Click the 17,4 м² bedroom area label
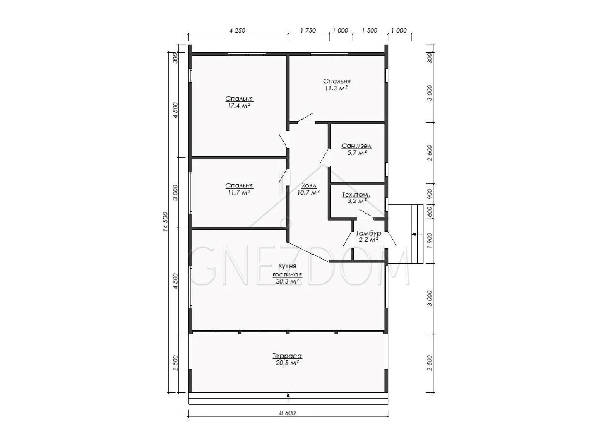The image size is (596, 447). (239, 106)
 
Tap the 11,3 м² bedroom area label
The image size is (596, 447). (336, 88)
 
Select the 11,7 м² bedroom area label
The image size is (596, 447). (239, 192)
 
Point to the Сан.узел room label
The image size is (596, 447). (356, 146)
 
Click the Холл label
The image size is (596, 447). (309, 186)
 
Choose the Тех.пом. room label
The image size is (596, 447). (356, 195)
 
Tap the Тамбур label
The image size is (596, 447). (368, 233)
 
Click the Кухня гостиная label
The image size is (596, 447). (287, 270)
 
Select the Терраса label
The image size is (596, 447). (287, 356)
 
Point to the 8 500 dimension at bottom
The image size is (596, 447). (287, 413)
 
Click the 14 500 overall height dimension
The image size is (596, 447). (166, 221)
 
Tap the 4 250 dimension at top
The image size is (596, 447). (237, 30)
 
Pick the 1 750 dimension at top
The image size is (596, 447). (308, 30)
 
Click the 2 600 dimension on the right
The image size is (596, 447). (430, 153)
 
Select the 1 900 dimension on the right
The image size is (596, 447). (430, 240)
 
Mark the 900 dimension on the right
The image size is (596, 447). (430, 194)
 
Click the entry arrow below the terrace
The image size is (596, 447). (288, 395)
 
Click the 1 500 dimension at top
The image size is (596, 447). (370, 30)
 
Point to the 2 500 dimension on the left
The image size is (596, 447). (175, 363)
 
